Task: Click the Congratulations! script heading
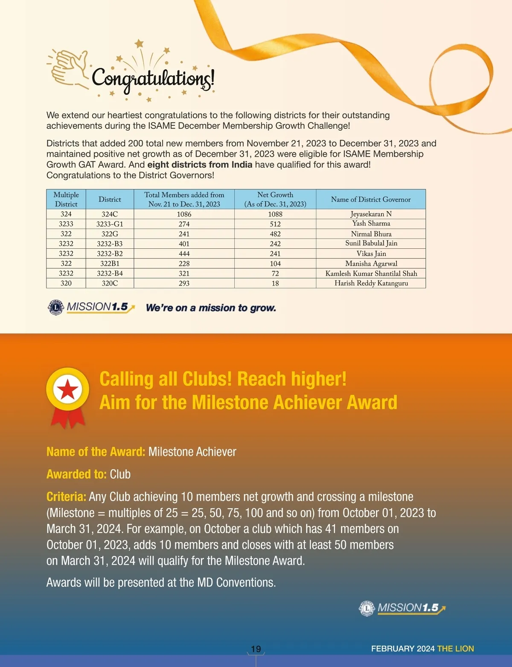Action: pyautogui.click(x=153, y=78)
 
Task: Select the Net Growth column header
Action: pyautogui.click(x=275, y=199)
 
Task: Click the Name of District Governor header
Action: pyautogui.click(x=371, y=199)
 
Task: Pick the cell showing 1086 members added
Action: pyautogui.click(x=184, y=214)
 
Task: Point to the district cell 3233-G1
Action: pyautogui.click(x=110, y=224)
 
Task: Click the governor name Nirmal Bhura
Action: pyautogui.click(x=371, y=234)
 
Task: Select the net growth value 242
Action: pyautogui.click(x=275, y=244)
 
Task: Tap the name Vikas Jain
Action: pyautogui.click(x=371, y=253)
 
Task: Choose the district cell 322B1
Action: pyautogui.click(x=110, y=264)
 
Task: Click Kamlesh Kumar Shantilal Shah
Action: pyautogui.click(x=371, y=274)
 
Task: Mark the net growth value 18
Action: pyautogui.click(x=275, y=283)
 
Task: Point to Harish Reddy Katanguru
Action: pyautogui.click(x=371, y=283)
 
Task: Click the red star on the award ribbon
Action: pyautogui.click(x=68, y=389)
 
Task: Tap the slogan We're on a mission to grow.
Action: pyautogui.click(x=211, y=308)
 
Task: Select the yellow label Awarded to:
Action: pyautogui.click(x=76, y=474)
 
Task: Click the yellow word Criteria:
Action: pyautogui.click(x=66, y=497)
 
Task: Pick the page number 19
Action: pyautogui.click(x=256, y=649)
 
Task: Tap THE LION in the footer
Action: pyautogui.click(x=456, y=649)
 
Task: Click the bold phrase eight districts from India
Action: pyautogui.click(x=200, y=165)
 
